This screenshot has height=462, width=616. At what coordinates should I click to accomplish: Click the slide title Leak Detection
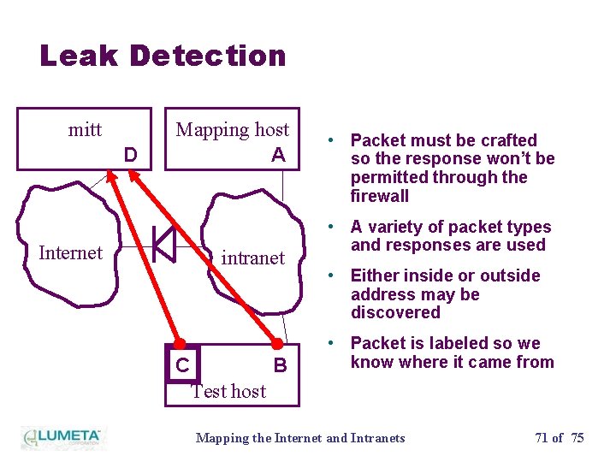click(163, 56)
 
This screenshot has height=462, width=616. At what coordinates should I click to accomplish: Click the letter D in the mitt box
click(130, 155)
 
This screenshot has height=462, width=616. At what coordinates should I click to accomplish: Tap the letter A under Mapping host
click(278, 155)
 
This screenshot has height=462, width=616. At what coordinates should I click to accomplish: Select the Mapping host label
click(232, 130)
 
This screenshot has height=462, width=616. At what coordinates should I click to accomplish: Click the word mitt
click(85, 130)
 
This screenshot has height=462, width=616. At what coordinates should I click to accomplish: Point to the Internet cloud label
click(70, 252)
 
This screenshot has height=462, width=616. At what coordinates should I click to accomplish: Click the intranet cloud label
click(252, 258)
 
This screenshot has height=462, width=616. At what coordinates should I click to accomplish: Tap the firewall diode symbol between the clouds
click(163, 245)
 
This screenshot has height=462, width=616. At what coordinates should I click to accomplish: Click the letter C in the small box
click(182, 366)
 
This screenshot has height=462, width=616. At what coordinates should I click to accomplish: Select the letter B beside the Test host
click(279, 366)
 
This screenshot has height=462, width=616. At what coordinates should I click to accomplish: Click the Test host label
click(228, 391)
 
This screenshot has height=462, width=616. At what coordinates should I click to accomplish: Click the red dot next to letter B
click(277, 345)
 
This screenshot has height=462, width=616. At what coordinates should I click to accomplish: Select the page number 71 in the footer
click(542, 438)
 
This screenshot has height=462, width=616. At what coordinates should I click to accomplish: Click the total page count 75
click(577, 438)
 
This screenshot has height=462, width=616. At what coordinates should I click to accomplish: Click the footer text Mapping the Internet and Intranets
click(300, 438)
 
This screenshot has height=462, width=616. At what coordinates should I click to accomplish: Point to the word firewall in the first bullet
click(380, 196)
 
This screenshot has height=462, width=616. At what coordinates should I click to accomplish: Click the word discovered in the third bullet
click(395, 312)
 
